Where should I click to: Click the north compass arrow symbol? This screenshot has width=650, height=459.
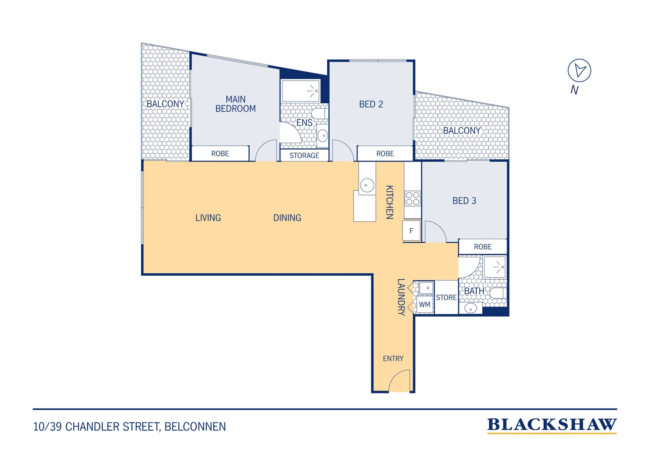[579, 71]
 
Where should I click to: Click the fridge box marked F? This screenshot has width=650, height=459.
[411, 231]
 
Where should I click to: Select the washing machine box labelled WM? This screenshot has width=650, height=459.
[425, 304]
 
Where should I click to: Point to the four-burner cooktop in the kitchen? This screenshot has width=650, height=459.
[412, 198]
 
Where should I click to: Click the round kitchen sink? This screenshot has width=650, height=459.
[367, 185]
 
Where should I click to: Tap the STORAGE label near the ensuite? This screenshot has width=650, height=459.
[304, 156]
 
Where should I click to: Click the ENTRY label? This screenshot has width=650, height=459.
[393, 359]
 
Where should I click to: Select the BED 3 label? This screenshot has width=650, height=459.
[464, 201]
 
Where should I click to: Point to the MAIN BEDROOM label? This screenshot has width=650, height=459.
[235, 104]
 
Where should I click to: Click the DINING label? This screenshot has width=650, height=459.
[287, 218]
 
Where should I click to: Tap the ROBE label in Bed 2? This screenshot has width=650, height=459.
[385, 154]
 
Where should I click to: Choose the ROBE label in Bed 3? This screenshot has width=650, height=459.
[482, 247]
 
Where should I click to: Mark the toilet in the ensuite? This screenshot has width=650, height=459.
[320, 113]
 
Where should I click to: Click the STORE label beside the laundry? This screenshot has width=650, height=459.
[446, 297]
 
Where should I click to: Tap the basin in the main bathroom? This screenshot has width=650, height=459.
[470, 308]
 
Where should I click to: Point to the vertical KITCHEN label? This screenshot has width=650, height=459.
[389, 202]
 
